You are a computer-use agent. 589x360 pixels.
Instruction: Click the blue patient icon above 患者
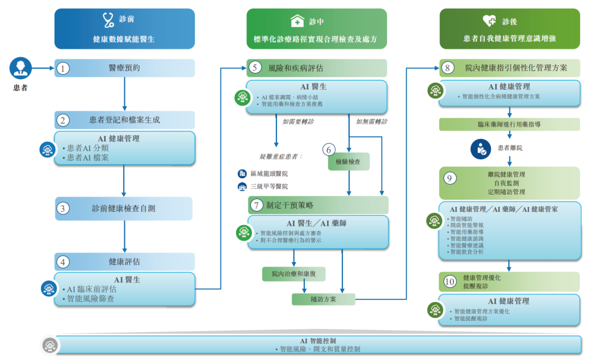point(21,68)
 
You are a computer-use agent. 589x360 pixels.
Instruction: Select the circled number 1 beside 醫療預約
point(64,68)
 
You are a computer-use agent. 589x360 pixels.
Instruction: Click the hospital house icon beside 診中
point(297,21)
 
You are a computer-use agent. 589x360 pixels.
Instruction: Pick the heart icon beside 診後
point(489,21)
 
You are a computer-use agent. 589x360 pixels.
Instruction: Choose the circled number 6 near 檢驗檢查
point(328,149)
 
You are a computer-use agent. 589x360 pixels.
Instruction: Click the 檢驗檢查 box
point(348,161)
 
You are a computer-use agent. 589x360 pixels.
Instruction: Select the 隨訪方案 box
point(323,299)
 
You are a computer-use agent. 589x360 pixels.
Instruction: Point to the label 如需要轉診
point(298,122)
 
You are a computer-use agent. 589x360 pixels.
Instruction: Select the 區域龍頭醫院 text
point(269,173)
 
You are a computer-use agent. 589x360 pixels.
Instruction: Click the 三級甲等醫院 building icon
point(242,187)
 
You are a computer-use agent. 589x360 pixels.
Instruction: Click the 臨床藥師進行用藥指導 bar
point(509,124)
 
